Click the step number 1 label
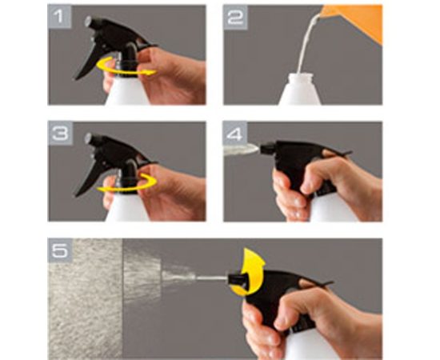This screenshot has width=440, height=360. pyautogui.click(x=59, y=16)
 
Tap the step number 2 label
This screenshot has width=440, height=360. pyautogui.click(x=235, y=17)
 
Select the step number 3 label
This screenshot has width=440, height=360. pyautogui.click(x=60, y=133)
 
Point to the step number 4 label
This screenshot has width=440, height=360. pyautogui.click(x=235, y=134)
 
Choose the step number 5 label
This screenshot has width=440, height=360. pyautogui.click(x=60, y=250)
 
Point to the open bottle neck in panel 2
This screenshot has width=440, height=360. pyautogui.click(x=300, y=77)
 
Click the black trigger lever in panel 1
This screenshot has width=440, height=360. pyautogui.click(x=86, y=65)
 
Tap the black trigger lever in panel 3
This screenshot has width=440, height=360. pyautogui.click(x=86, y=181)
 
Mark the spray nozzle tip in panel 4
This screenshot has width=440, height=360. pyautogui.click(x=266, y=148)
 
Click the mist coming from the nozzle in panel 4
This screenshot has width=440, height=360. pyautogui.click(x=241, y=149)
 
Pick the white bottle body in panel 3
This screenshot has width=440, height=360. pyautogui.click(x=126, y=208)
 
